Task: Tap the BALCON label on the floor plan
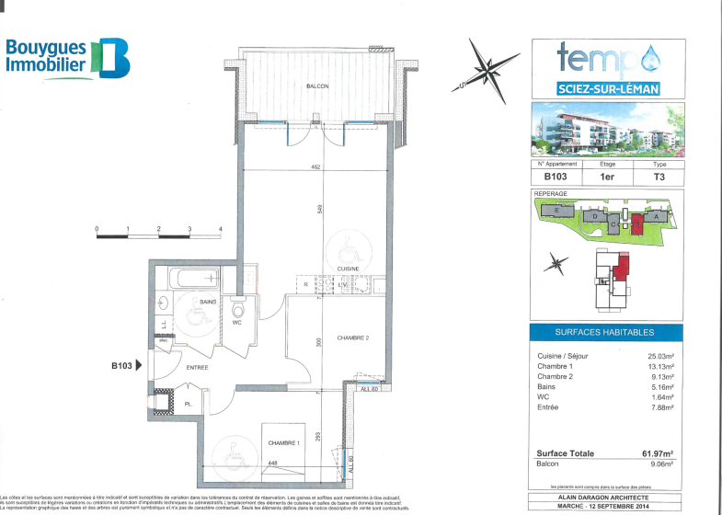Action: tap(317, 86)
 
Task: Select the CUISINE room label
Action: tap(347, 268)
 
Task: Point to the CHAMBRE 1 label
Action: tap(282, 443)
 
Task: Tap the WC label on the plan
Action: tap(236, 323)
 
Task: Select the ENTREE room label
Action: tap(197, 368)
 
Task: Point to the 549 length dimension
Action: tap(318, 210)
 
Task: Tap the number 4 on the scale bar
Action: tap(221, 227)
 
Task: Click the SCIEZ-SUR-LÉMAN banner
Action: tap(607, 89)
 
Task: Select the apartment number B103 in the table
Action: tap(556, 177)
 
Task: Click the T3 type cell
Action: tap(659, 177)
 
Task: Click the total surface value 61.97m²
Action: tap(657, 453)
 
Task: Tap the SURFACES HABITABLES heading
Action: tap(605, 332)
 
